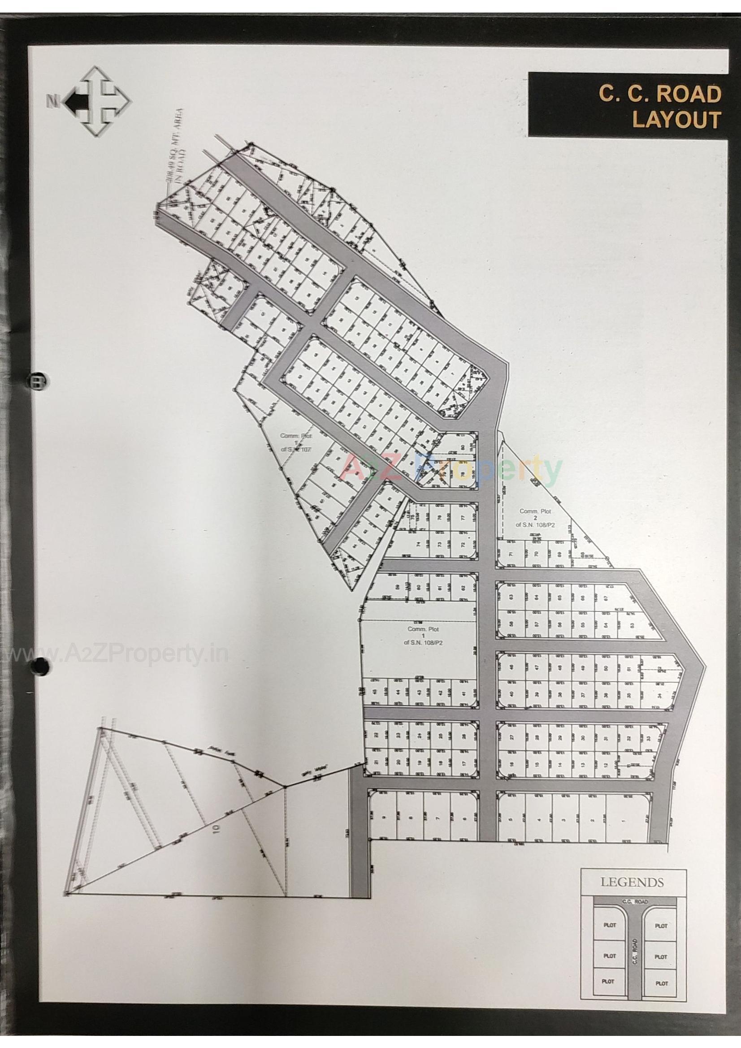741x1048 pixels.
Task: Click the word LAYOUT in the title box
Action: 676,120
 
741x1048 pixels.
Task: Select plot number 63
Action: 511,597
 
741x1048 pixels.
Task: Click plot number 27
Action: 512,738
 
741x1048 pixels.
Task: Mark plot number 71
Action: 511,554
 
